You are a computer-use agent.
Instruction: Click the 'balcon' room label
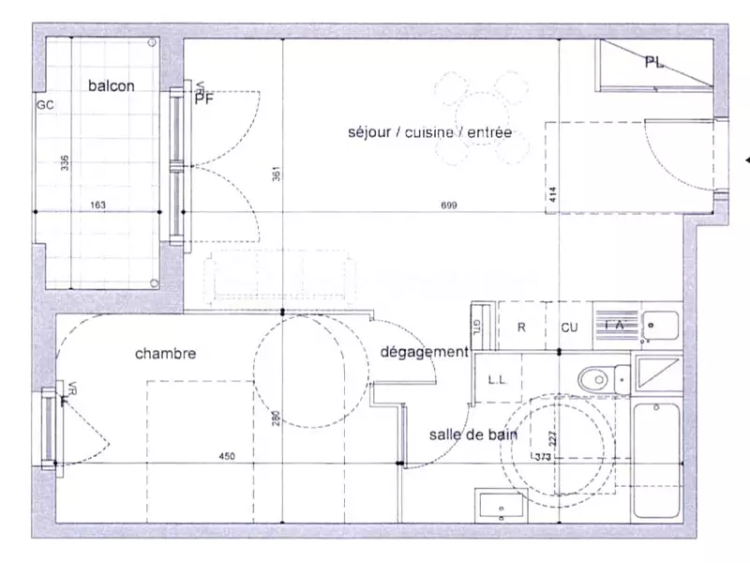pyautogui.click(x=112, y=86)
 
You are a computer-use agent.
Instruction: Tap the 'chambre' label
pyautogui.click(x=165, y=354)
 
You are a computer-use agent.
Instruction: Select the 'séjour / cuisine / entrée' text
pyautogui.click(x=428, y=133)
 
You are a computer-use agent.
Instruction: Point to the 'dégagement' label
pyautogui.click(x=425, y=352)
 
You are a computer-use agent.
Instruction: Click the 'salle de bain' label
pyautogui.click(x=468, y=434)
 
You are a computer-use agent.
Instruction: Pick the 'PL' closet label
pyautogui.click(x=653, y=63)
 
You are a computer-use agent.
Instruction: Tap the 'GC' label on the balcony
pyautogui.click(x=44, y=105)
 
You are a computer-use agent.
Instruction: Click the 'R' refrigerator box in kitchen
pyautogui.click(x=521, y=327)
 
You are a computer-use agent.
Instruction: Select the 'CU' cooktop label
pyautogui.click(x=569, y=327)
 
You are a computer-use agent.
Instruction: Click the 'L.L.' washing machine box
pyautogui.click(x=499, y=379)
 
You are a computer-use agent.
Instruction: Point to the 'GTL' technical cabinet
pyautogui.click(x=476, y=326)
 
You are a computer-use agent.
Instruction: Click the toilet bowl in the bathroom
pyautogui.click(x=595, y=379)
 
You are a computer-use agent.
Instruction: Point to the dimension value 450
pyautogui.click(x=227, y=457)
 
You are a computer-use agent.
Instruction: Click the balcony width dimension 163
pyautogui.click(x=98, y=205)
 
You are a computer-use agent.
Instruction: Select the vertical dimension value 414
pyautogui.click(x=553, y=194)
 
